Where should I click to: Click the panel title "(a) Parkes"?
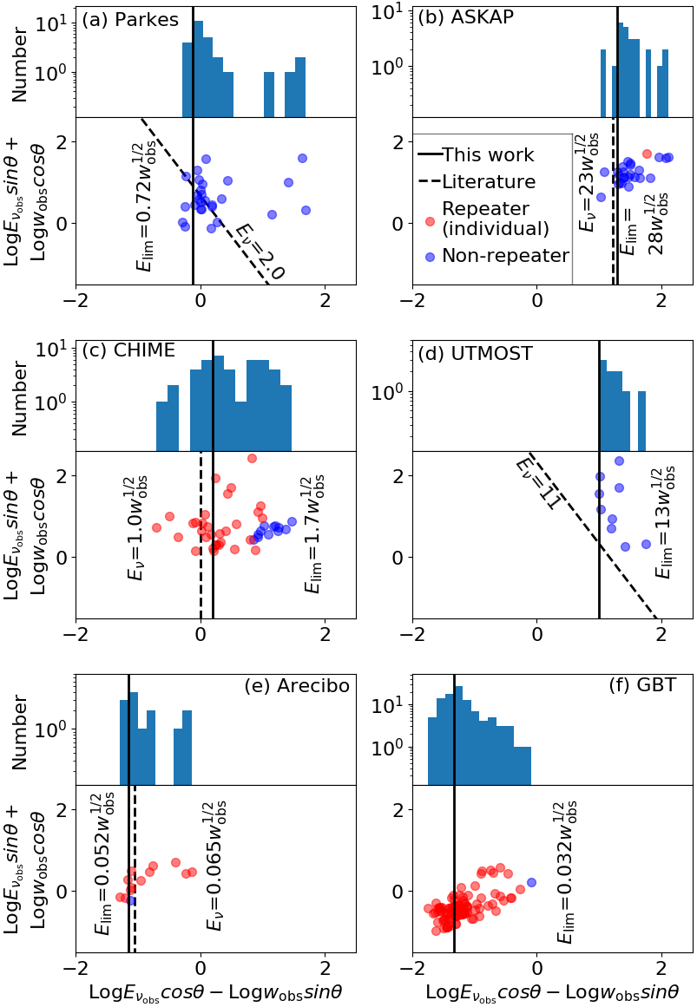point(130,18)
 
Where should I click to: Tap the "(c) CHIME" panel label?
point(128,350)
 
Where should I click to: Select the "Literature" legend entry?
point(489,182)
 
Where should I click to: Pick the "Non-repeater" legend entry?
point(505,255)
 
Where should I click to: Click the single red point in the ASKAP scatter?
point(647,154)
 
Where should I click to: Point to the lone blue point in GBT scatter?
point(531,882)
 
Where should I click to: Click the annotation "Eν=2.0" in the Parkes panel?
point(260,252)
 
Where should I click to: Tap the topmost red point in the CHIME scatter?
point(252,458)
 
